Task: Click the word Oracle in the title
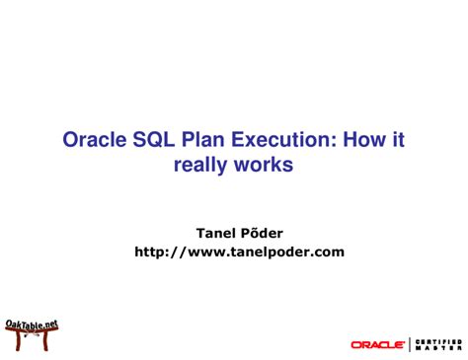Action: (98, 141)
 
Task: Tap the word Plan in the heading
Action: (213, 141)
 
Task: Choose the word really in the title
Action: (203, 165)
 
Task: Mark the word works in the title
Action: (266, 165)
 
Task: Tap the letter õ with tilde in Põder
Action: (253, 234)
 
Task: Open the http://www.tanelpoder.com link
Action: (239, 252)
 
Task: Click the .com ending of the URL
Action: (327, 252)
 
